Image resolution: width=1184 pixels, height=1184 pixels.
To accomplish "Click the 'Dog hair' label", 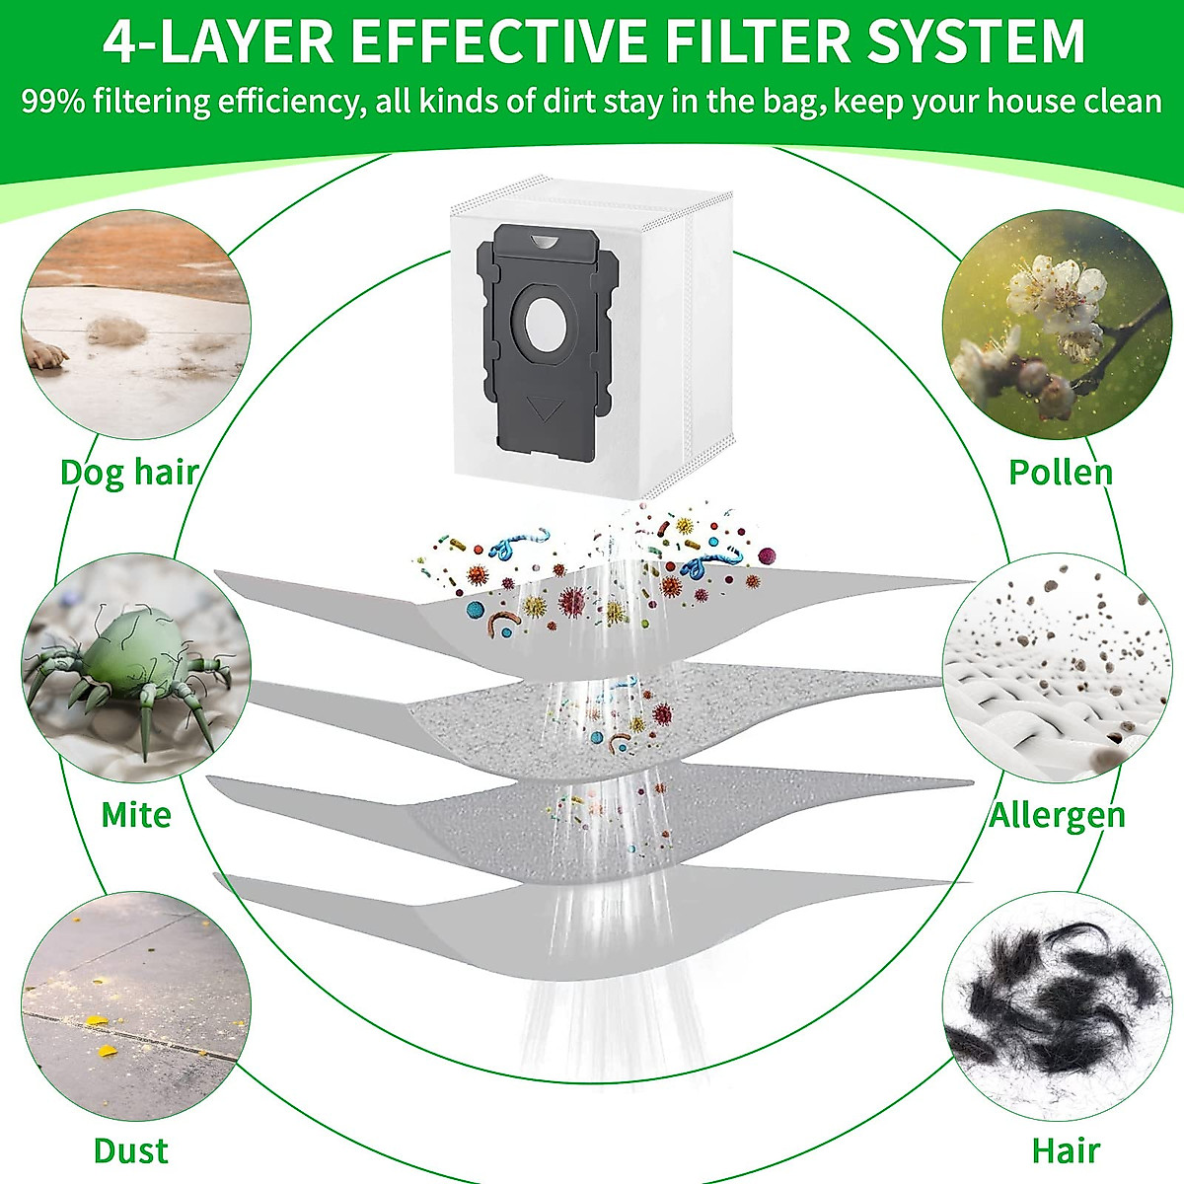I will click(129, 472).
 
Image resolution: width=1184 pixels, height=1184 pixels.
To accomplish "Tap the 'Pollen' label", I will click(1061, 472).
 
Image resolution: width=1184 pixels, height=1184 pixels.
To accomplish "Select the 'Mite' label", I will click(136, 815).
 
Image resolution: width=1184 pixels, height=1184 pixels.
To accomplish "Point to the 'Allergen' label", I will click(1057, 815).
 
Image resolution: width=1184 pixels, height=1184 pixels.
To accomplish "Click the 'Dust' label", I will click(130, 1150).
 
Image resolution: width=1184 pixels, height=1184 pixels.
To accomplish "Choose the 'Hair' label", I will click(1066, 1150).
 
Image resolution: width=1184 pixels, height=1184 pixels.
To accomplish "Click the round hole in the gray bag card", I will click(545, 322).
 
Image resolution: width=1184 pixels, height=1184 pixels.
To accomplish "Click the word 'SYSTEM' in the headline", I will click(991, 40).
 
